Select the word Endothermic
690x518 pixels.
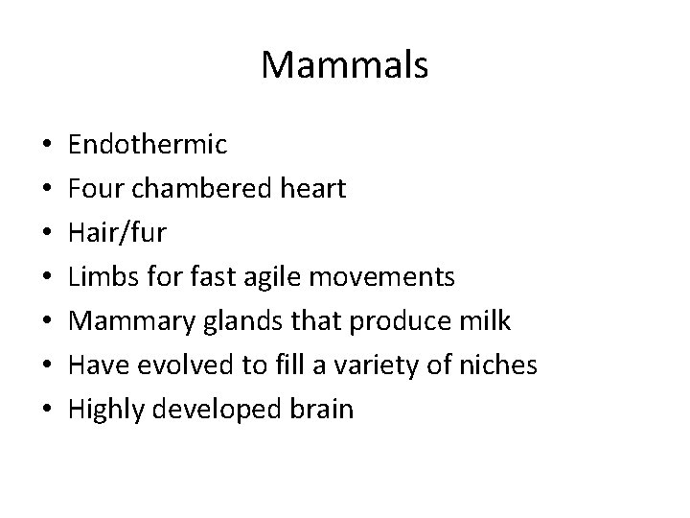point(148,145)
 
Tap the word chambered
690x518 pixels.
point(190,189)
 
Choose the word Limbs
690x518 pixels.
point(97,277)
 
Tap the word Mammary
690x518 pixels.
point(127,321)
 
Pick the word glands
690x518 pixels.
point(230,321)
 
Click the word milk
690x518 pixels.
point(487,321)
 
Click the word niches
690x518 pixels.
point(503,365)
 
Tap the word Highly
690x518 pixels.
point(103,410)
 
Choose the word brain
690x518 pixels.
point(320,410)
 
